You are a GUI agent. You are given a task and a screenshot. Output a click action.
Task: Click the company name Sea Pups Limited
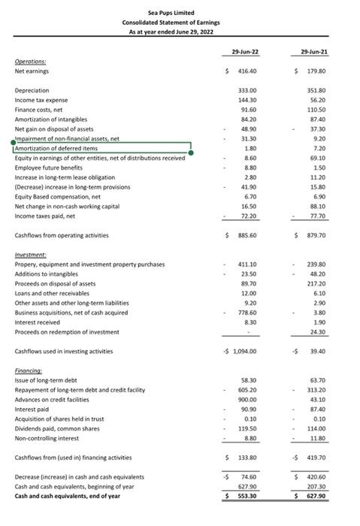click(x=180, y=14)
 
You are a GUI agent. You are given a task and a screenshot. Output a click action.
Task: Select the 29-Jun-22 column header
click(x=246, y=50)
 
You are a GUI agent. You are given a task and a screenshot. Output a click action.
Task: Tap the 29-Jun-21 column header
click(x=317, y=50)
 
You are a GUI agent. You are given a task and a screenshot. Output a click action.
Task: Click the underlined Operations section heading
click(x=30, y=62)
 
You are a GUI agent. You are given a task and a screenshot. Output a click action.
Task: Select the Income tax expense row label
click(x=41, y=100)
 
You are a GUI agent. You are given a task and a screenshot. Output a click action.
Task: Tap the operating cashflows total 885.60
click(x=247, y=236)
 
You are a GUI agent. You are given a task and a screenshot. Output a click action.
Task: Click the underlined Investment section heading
click(x=31, y=255)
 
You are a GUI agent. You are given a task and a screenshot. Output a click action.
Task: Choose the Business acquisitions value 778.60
click(x=247, y=312)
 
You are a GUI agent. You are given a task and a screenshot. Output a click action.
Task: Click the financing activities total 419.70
click(x=316, y=457)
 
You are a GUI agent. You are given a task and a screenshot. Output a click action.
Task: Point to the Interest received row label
click(x=38, y=322)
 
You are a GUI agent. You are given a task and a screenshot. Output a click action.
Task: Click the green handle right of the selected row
click(x=192, y=153)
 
